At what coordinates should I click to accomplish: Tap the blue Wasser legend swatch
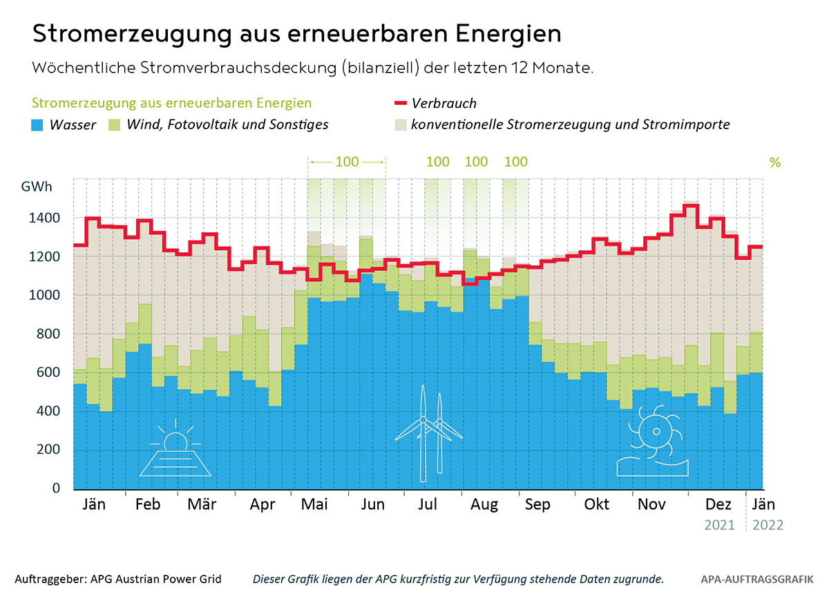tap(38, 125)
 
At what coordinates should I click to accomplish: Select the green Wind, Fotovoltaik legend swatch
tap(115, 125)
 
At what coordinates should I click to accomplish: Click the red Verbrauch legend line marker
tap(399, 104)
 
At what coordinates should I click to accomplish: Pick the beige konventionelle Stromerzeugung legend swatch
tap(399, 125)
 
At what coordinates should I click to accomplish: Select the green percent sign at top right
tap(774, 163)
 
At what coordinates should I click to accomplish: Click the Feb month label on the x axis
tap(148, 505)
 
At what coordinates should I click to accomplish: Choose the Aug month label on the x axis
tap(484, 505)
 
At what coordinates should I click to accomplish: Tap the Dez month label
tap(718, 505)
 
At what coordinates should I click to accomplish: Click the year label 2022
tap(768, 525)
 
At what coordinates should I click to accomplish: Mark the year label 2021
tap(720, 525)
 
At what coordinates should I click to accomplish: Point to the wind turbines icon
tap(430, 434)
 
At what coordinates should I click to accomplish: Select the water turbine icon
tap(653, 442)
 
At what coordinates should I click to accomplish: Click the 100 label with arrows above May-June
tap(347, 162)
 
